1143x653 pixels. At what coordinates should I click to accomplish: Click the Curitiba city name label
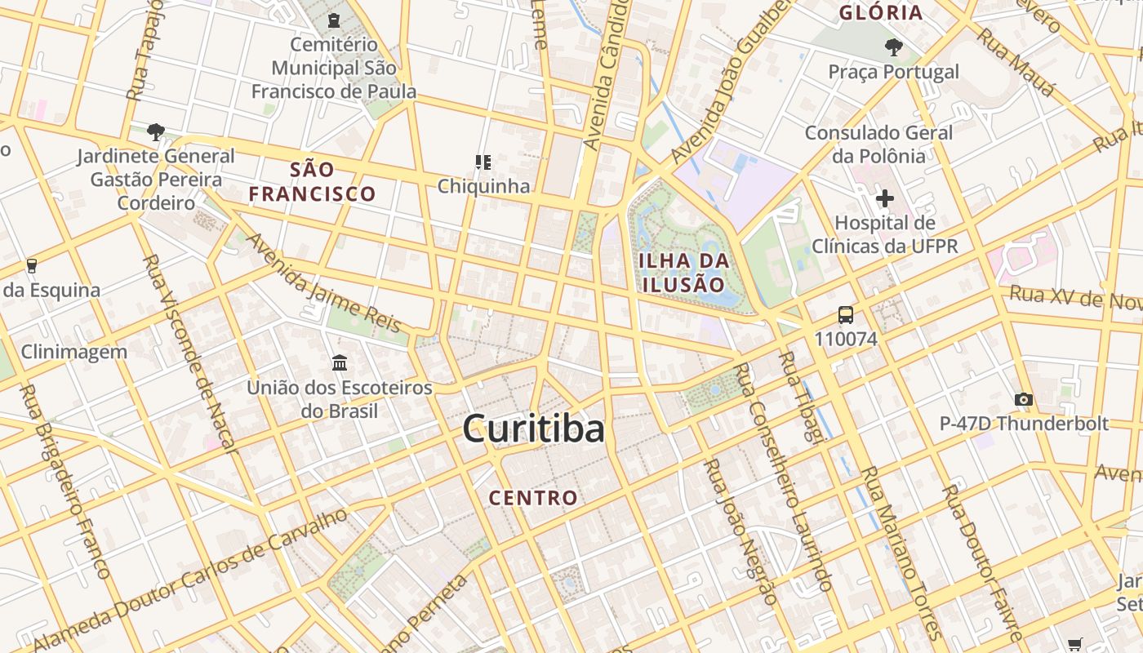534,429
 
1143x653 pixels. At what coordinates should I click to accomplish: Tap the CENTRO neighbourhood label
533,497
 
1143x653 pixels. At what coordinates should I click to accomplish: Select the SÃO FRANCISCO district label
313,182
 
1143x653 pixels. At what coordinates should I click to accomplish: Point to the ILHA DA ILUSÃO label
683,273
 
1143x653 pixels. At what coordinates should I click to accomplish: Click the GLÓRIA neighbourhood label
881,13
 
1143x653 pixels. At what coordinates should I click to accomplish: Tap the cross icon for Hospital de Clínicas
884,198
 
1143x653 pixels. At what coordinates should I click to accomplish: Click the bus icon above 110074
845,315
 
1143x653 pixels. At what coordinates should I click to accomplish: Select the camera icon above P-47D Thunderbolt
1023,399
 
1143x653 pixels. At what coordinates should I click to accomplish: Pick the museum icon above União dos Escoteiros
340,362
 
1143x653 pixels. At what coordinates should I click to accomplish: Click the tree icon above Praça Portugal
894,47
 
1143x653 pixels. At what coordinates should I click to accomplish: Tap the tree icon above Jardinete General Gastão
156,131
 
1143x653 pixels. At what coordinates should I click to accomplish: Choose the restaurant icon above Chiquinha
483,162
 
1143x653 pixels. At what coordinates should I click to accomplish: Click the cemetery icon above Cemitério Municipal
333,20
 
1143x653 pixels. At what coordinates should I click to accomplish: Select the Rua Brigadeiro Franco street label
64,482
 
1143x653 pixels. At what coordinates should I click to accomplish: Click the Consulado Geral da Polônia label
878,144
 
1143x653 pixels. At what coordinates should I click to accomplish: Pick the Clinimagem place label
74,353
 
